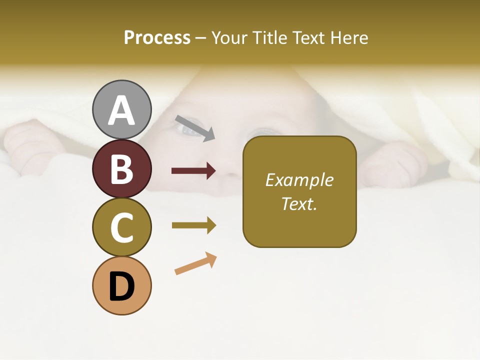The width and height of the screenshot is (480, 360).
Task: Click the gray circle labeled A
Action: click(x=122, y=110)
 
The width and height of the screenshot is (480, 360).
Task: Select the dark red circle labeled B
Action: click(x=122, y=168)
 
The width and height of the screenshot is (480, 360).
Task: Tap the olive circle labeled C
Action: click(x=122, y=227)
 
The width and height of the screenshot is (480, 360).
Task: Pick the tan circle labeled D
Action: click(x=122, y=285)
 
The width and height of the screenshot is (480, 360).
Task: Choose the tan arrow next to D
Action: click(x=195, y=264)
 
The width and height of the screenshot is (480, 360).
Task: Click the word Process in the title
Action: click(x=157, y=37)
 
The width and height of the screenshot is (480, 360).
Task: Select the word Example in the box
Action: click(x=299, y=180)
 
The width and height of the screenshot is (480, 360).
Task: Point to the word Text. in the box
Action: click(x=299, y=204)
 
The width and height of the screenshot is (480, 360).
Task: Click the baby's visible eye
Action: click(x=188, y=130)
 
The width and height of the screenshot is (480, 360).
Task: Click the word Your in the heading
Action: click(x=229, y=37)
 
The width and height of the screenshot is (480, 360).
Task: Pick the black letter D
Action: click(x=122, y=286)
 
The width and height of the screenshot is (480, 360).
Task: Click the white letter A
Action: click(x=122, y=110)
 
